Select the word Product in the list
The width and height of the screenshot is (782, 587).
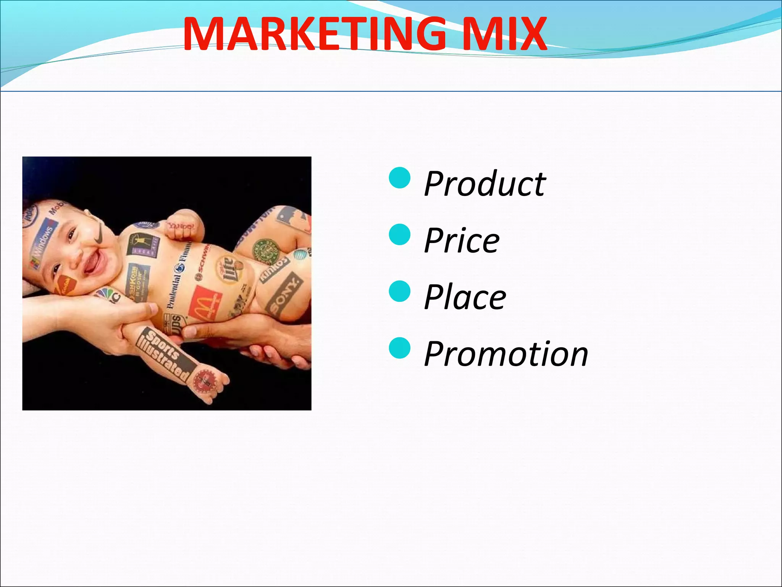(x=485, y=184)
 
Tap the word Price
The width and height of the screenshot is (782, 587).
(x=462, y=241)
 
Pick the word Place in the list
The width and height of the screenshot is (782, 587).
(x=465, y=297)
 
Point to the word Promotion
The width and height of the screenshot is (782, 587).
(x=506, y=354)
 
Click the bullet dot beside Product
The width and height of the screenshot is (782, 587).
(x=399, y=178)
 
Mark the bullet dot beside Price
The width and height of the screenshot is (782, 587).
(x=399, y=234)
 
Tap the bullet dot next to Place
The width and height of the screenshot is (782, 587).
(x=399, y=291)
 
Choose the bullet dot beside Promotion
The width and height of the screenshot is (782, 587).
(x=399, y=347)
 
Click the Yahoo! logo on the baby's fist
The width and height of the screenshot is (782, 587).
(x=181, y=226)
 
